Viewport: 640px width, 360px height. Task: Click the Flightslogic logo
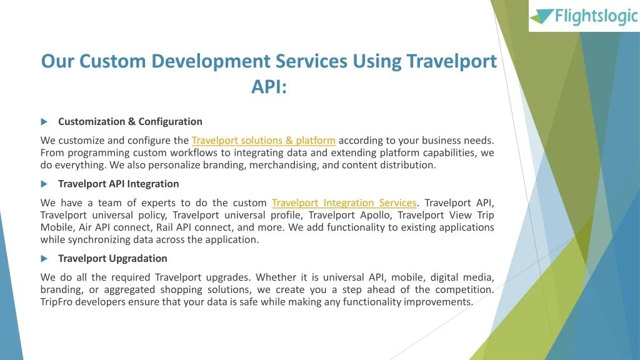click(583, 16)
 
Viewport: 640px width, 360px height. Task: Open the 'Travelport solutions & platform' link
click(263, 141)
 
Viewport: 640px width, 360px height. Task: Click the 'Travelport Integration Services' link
click(344, 203)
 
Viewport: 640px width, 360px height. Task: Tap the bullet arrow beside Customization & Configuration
click(44, 121)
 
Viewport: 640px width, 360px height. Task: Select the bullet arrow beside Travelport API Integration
click(44, 184)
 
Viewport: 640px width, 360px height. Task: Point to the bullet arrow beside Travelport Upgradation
click(44, 258)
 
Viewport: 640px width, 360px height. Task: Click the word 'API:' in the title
click(269, 86)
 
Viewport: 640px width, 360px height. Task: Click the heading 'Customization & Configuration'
click(130, 121)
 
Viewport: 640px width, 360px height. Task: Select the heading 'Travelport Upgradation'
click(112, 258)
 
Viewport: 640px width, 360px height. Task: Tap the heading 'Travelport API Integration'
click(118, 184)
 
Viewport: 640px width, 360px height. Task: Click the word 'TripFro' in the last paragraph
click(58, 302)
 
